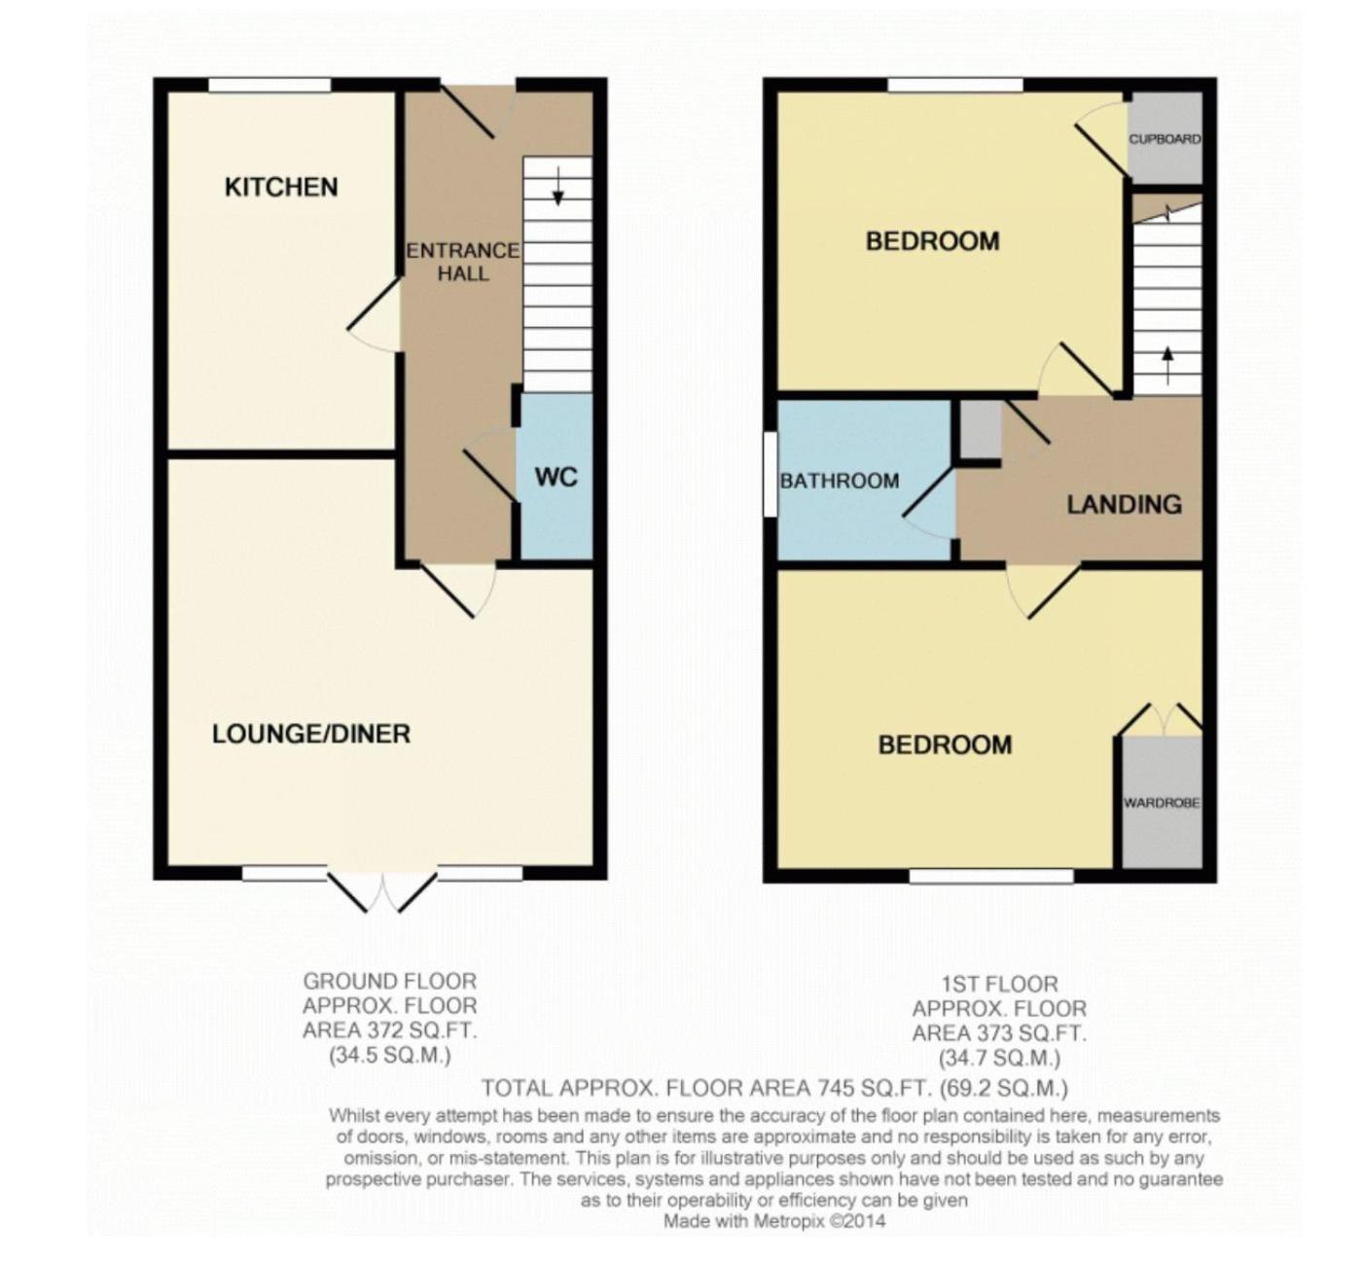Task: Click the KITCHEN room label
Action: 281,187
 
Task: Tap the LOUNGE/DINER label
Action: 311,734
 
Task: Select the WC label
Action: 556,477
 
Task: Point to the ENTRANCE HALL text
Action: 463,262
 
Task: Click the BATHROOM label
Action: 839,481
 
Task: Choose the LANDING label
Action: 1124,504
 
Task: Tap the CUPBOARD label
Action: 1165,139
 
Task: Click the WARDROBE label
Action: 1162,803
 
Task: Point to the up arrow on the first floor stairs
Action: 1167,365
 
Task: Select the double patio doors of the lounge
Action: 383,890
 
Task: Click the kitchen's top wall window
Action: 269,86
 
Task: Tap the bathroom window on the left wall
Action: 770,474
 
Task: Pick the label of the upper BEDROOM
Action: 932,240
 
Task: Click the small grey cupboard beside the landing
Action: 981,429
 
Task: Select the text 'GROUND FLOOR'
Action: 389,982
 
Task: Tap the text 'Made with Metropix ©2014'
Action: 774,1221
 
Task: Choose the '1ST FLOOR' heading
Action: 999,984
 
